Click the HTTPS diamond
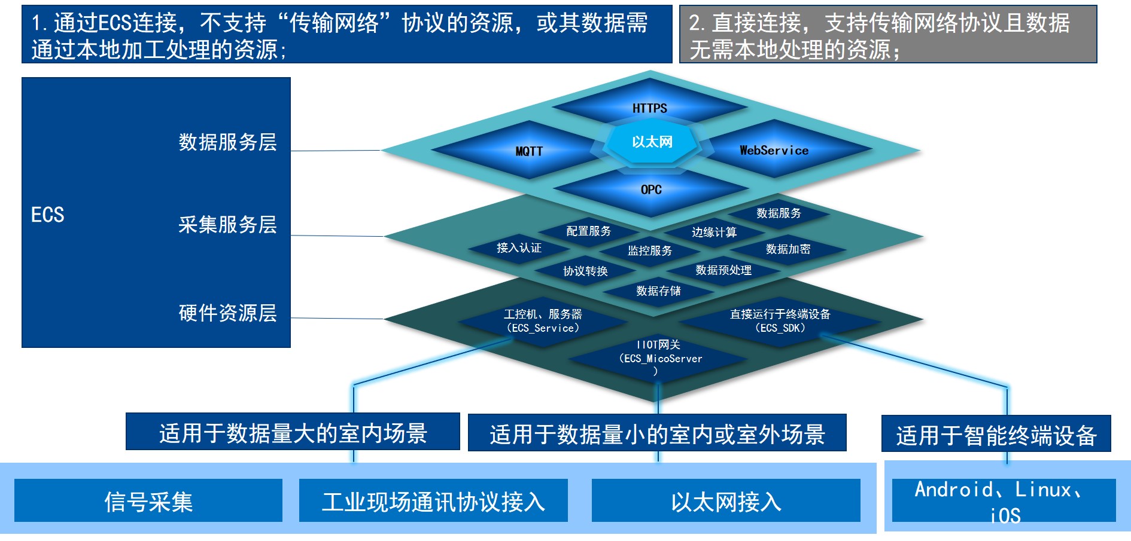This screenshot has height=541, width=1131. click(x=650, y=108)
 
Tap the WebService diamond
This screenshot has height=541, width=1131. click(x=774, y=149)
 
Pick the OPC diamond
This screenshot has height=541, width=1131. click(x=651, y=189)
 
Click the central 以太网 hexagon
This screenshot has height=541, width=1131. click(x=652, y=142)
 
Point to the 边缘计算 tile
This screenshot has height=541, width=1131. click(x=714, y=232)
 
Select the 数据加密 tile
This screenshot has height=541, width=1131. click(x=788, y=249)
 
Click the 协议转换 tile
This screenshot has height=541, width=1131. click(x=585, y=271)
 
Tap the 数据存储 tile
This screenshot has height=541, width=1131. click(x=658, y=291)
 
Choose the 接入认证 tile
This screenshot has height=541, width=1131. click(x=519, y=247)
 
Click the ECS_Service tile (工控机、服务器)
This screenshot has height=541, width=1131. click(x=543, y=320)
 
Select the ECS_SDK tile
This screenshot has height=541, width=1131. click(x=780, y=320)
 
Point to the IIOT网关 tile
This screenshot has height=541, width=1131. click(x=658, y=357)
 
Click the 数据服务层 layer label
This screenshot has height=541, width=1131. click(x=227, y=142)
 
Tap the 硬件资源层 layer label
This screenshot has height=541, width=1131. click(x=227, y=313)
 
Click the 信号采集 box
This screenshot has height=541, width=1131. click(x=148, y=500)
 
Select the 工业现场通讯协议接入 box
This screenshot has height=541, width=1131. click(x=433, y=500)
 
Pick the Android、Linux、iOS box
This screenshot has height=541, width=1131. click(x=1004, y=500)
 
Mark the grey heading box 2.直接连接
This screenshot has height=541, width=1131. click(x=888, y=34)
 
